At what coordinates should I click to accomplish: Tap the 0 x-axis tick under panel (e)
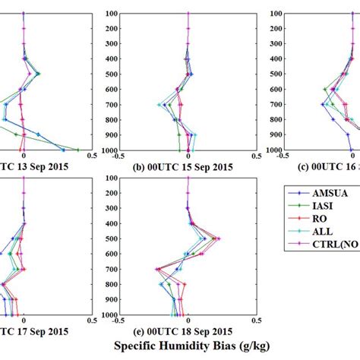pyautogui.click(x=188, y=321)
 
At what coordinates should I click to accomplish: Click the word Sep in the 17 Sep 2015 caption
pyautogui.click(x=41, y=331)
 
